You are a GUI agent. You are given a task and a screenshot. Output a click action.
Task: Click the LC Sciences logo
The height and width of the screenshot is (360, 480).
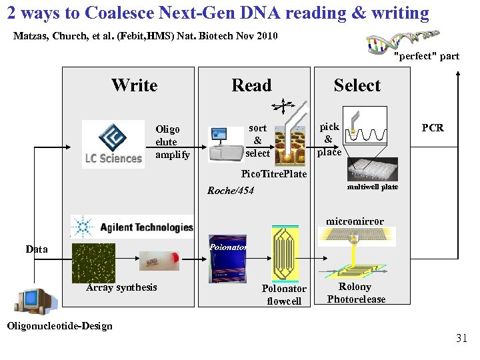pyautogui.click(x=113, y=143)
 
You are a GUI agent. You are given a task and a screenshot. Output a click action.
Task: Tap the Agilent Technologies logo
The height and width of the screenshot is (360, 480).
pyautogui.click(x=132, y=227)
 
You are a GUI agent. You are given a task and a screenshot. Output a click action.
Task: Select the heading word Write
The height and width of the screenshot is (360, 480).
pyautogui.click(x=134, y=85)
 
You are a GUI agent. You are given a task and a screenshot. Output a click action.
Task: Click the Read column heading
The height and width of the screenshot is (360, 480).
pyautogui.click(x=251, y=85)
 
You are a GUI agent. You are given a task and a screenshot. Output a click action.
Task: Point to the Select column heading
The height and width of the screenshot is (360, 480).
pyautogui.click(x=357, y=85)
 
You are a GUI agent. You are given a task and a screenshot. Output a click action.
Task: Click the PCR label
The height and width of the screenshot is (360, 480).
pyautogui.click(x=432, y=128)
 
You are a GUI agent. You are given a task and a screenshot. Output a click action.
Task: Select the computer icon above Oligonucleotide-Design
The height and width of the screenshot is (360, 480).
pyautogui.click(x=37, y=303)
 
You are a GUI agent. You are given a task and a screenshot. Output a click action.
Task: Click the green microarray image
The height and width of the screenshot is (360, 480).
pyautogui.click(x=93, y=263)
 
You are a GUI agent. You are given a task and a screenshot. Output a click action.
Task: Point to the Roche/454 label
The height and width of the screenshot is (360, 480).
pyautogui.click(x=231, y=191)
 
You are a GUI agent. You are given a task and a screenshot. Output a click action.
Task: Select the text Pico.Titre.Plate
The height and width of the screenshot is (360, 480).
pyautogui.click(x=273, y=174)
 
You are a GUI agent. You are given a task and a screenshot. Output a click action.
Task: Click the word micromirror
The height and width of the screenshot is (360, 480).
pyautogui.click(x=355, y=221)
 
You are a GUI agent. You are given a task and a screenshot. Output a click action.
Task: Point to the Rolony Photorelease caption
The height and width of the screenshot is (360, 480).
pyautogui.click(x=355, y=293)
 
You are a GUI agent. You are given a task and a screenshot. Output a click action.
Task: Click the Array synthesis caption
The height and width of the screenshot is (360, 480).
pyautogui.click(x=121, y=287)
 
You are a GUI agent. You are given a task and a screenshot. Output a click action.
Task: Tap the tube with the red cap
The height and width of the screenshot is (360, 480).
pyautogui.click(x=159, y=260)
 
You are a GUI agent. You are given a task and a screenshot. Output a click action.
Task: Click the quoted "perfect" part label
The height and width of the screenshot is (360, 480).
pyautogui.click(x=426, y=56)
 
